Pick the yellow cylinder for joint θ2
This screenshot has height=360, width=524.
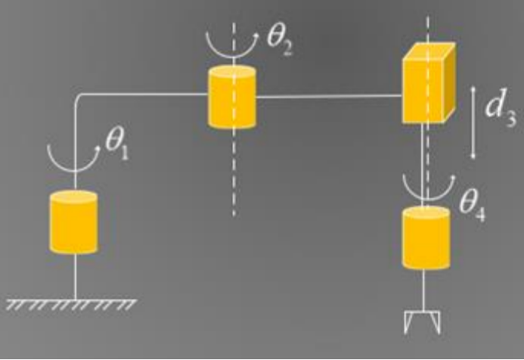(232, 97)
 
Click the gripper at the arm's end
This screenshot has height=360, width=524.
(424, 321)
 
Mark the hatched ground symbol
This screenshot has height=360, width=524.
(72, 304)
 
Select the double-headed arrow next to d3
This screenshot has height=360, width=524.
(473, 122)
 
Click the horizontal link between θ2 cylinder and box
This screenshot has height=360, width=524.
(329, 97)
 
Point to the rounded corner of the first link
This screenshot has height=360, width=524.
(79, 97)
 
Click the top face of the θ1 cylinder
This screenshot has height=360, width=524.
(74, 197)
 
